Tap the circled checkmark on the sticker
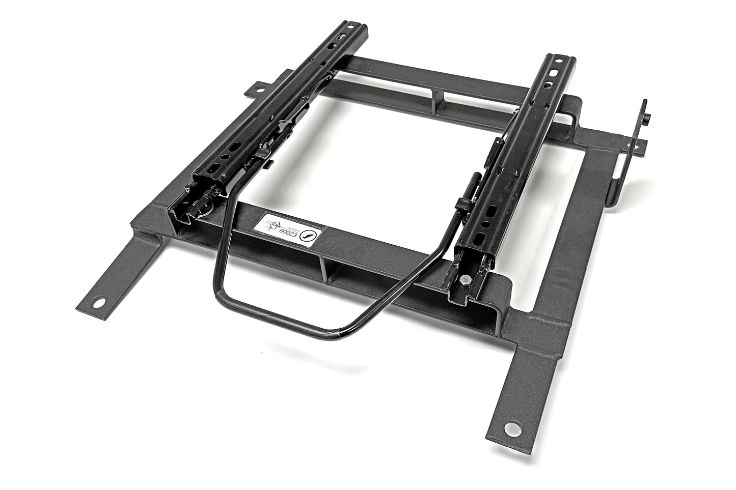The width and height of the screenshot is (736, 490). (308, 235)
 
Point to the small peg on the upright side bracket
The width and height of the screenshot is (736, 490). (646, 119)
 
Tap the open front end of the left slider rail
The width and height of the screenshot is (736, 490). (199, 204)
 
